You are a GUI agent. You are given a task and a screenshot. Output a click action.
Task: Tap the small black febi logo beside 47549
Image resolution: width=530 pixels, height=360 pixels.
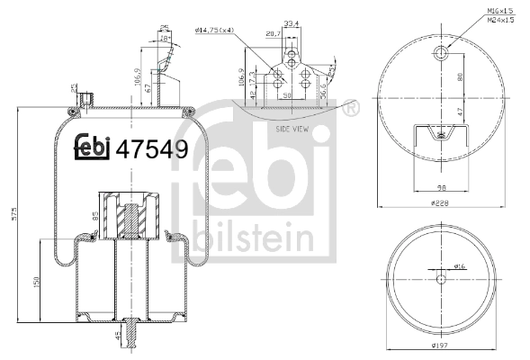(x=93, y=148)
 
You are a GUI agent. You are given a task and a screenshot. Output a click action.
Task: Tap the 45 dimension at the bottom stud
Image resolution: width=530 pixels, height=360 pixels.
(x=117, y=338)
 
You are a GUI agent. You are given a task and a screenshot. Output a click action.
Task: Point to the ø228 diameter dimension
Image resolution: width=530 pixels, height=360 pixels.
(x=439, y=204)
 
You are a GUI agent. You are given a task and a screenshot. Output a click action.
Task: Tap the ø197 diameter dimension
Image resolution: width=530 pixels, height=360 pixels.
(x=439, y=346)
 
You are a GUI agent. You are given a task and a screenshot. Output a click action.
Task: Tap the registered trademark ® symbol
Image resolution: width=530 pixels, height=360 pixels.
(x=347, y=110)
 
